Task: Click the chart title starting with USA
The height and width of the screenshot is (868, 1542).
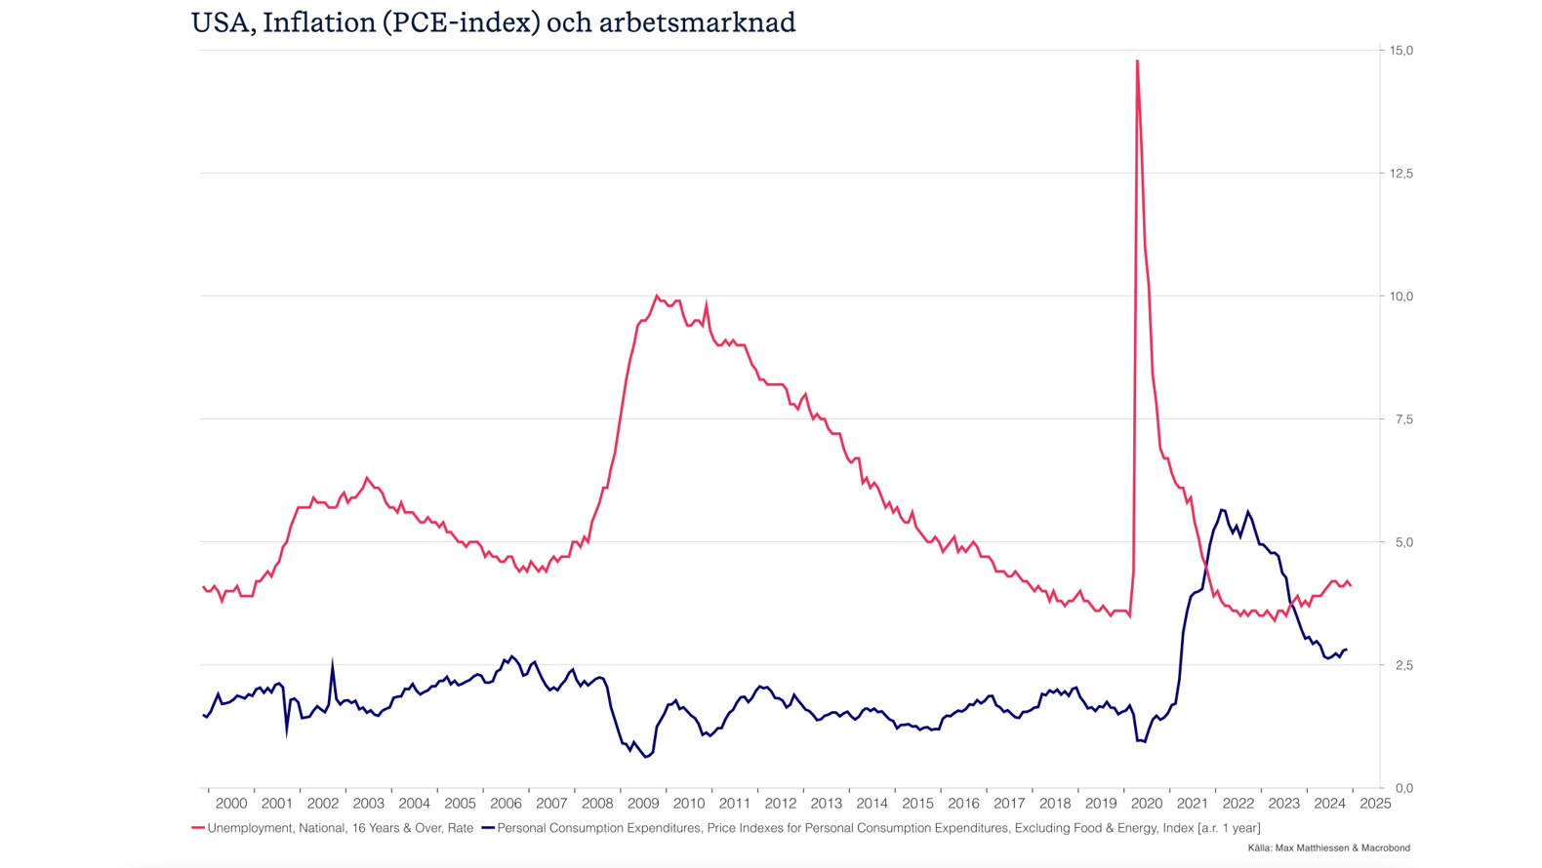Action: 493,22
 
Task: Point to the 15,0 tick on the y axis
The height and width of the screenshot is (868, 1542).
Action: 1400,50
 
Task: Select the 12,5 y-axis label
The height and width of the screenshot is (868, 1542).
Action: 1400,173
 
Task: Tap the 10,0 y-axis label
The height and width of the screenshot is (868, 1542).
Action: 1400,296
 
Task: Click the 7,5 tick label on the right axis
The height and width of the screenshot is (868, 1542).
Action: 1400,418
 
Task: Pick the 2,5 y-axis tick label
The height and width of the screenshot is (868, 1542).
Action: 1400,664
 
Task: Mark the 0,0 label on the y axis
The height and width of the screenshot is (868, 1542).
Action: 1402,787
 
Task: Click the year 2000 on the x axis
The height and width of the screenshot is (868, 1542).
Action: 231,804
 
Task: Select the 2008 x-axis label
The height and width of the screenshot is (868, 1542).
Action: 597,804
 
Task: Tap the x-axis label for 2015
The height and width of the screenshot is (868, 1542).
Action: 917,804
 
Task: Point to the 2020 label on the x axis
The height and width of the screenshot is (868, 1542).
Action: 1147,804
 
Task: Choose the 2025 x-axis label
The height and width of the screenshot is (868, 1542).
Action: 1375,804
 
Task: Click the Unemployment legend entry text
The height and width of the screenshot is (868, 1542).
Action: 340,828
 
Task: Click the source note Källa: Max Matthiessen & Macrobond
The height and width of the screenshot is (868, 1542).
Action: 1328,848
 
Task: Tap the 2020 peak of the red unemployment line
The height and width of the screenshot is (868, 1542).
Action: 1137,61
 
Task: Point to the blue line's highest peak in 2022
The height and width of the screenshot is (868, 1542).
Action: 1222,509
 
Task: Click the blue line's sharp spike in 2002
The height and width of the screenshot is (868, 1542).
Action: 333,664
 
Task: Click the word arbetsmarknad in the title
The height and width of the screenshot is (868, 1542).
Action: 697,22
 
